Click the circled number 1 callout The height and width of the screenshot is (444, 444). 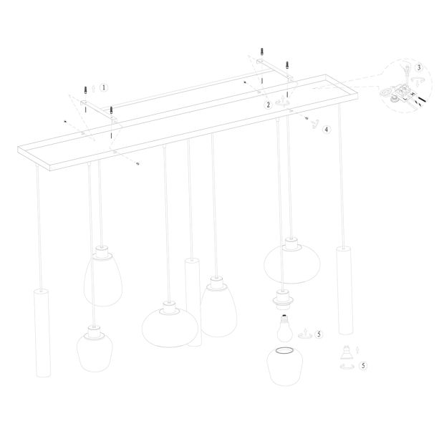105,87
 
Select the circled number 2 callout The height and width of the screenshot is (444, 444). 268,105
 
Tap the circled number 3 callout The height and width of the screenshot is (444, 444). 420,68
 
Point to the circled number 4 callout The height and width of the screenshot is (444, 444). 326,130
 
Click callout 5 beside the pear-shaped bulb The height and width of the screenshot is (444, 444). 319,334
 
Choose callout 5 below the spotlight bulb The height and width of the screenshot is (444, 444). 364,365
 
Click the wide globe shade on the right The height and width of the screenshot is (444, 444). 290,261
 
